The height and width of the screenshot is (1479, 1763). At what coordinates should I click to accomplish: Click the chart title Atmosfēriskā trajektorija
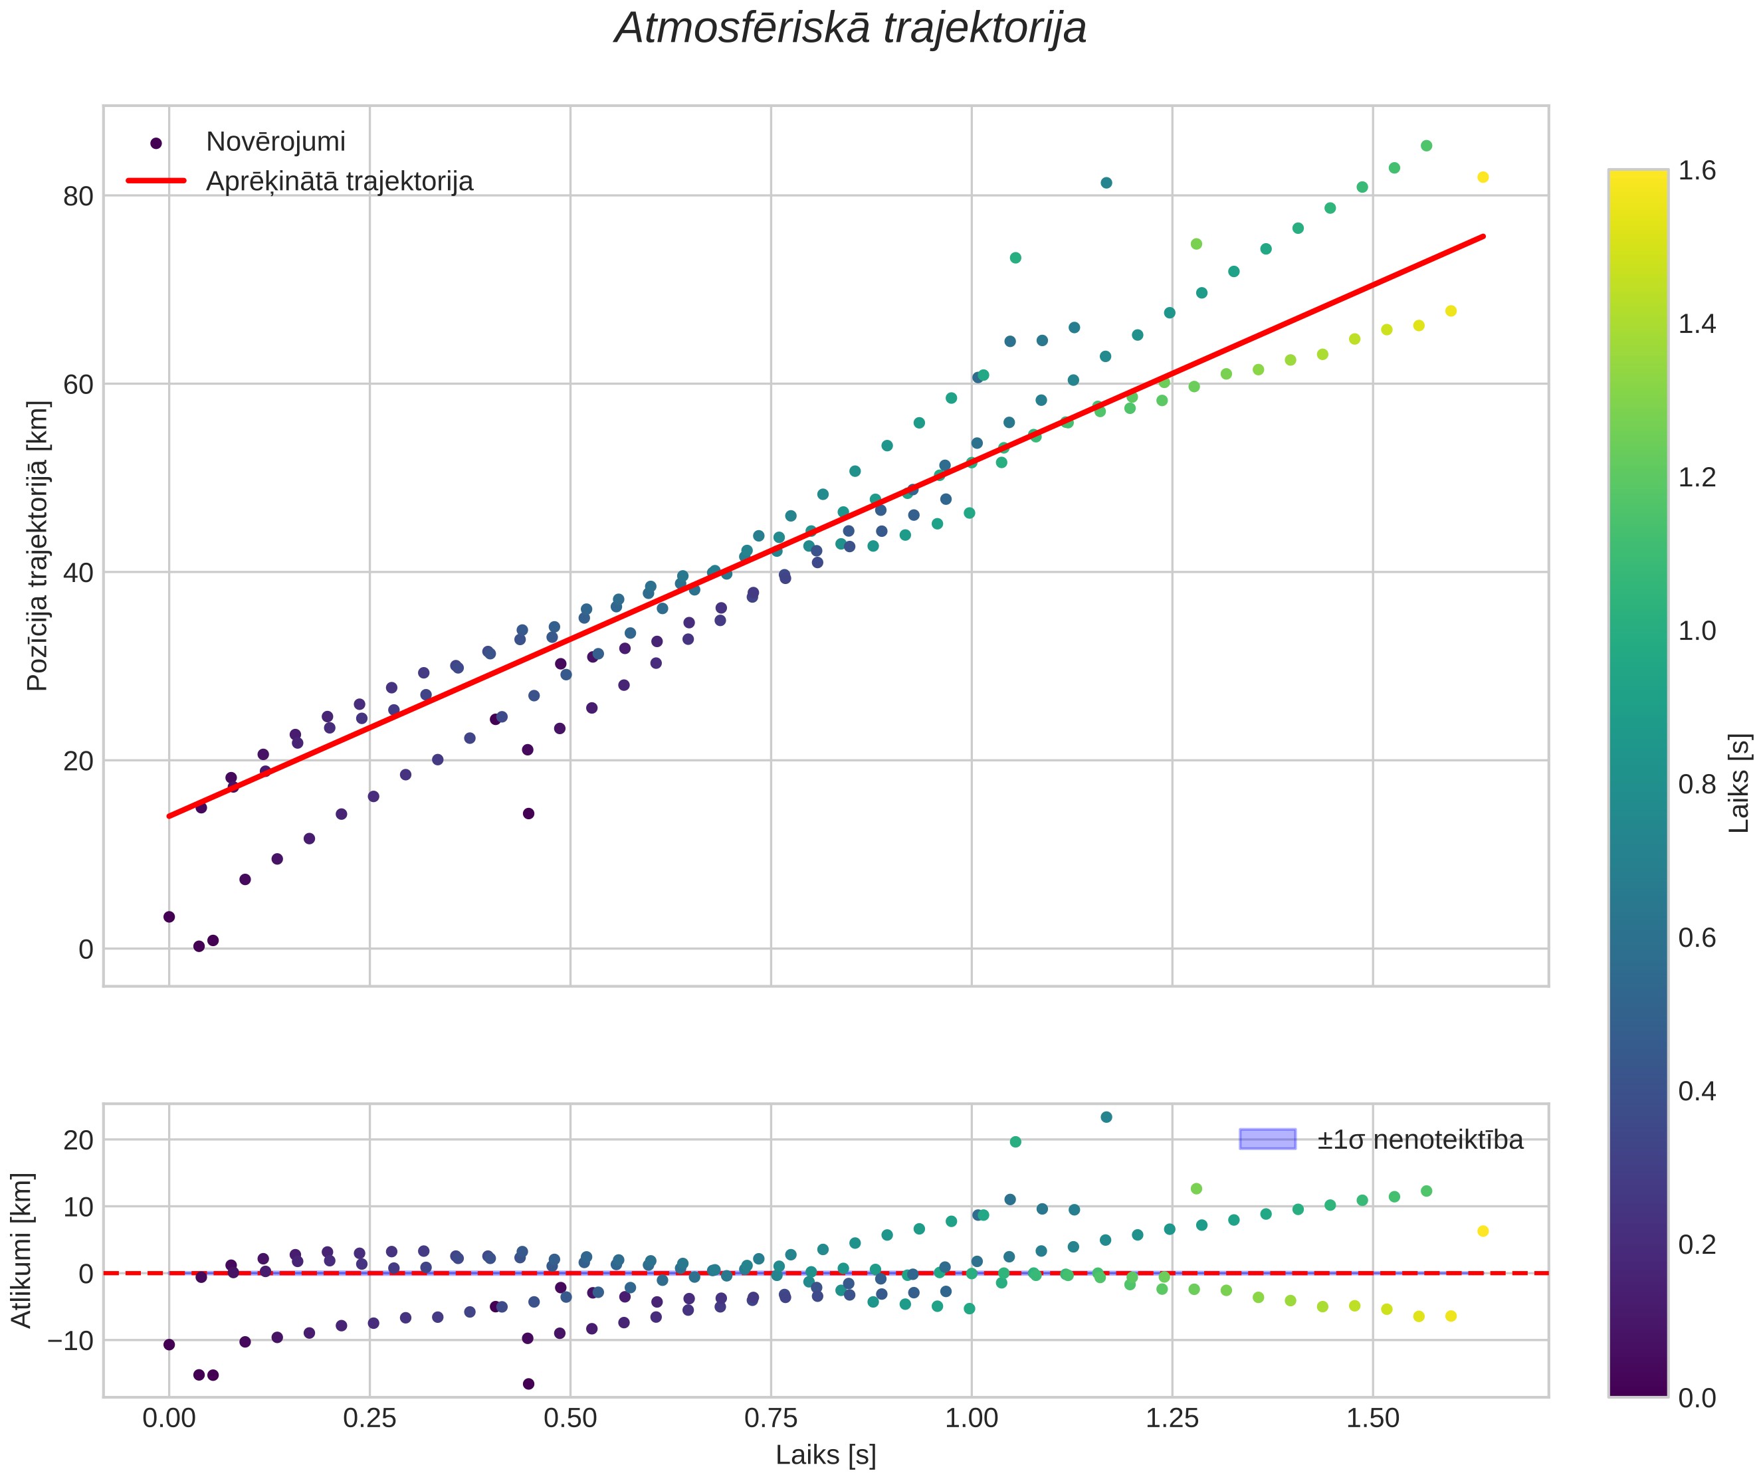click(x=851, y=29)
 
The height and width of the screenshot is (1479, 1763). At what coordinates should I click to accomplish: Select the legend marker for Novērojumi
click(x=156, y=144)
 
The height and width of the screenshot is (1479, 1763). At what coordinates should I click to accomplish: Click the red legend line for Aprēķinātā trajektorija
click(x=156, y=181)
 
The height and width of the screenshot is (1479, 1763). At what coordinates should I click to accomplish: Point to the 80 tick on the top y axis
click(x=77, y=197)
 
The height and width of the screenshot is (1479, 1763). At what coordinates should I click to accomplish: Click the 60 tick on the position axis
click(x=77, y=385)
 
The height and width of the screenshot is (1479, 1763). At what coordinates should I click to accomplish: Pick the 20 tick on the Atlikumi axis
click(x=77, y=1140)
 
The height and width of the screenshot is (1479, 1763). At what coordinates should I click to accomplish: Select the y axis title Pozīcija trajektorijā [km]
click(x=38, y=545)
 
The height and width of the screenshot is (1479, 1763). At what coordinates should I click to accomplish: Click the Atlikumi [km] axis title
click(x=21, y=1250)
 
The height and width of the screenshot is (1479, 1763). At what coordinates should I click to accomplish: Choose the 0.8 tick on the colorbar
click(x=1697, y=785)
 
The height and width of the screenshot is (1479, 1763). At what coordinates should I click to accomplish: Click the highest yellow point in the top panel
click(x=1483, y=177)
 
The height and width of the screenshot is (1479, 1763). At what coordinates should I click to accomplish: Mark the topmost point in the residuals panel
click(x=1106, y=1118)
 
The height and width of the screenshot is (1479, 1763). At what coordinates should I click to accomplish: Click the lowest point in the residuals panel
click(x=528, y=1384)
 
